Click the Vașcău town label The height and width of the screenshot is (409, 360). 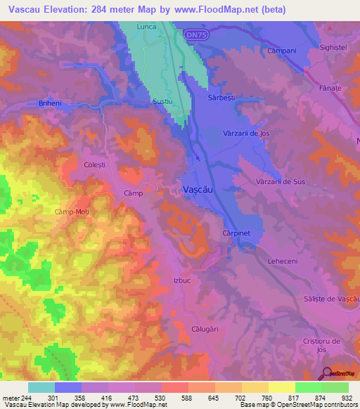coord(198,190)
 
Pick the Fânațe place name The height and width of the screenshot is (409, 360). coord(329,88)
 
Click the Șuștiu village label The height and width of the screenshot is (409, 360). coord(162,102)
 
